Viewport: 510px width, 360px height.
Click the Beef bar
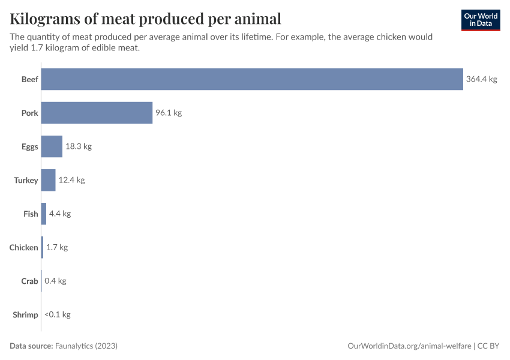252,79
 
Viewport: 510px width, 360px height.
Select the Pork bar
97,113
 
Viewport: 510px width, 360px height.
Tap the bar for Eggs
52,146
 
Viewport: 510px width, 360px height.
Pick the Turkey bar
48,180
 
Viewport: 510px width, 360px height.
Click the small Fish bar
44,214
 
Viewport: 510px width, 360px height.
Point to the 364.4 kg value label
482,79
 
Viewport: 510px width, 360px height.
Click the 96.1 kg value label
169,113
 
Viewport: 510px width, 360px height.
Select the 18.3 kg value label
79,146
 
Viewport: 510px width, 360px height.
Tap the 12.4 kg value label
72,180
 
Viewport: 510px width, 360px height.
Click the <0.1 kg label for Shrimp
58,314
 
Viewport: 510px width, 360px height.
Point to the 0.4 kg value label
55,281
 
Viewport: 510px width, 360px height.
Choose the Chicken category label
23,247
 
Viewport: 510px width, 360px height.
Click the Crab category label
29,281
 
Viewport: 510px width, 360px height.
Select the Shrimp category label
25,314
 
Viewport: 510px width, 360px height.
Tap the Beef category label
29,79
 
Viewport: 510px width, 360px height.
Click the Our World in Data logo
480,20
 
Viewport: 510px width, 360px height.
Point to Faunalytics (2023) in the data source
86,346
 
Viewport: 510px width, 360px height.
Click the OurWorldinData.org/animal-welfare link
410,346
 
